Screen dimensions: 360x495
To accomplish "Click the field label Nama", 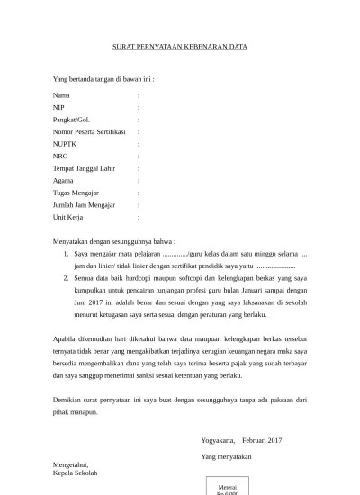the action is click(61, 94).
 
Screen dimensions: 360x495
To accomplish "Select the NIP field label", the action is click(59, 107).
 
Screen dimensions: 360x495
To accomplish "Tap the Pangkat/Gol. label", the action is click(71, 119).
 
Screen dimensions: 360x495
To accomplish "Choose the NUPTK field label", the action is click(65, 143).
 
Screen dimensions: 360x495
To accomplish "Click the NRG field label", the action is click(60, 156).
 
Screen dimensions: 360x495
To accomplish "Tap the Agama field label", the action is click(64, 180).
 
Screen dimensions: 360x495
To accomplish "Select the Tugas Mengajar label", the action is click(76, 193).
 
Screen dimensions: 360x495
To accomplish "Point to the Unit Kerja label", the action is click(69, 217).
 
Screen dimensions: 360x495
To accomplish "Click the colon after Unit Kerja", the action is click(138, 217).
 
